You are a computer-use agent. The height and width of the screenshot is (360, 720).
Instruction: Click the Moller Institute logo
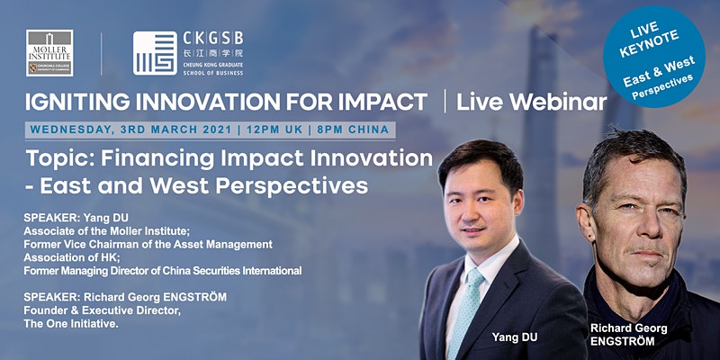click(x=49, y=53)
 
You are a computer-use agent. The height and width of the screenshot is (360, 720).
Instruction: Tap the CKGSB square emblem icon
click(x=155, y=53)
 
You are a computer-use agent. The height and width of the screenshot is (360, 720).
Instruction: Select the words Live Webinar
click(x=531, y=103)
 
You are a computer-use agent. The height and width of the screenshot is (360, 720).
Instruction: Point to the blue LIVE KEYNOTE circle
click(x=654, y=57)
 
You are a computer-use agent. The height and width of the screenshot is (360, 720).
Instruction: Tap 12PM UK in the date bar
click(x=274, y=130)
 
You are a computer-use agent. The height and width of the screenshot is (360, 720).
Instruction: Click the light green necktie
click(x=466, y=312)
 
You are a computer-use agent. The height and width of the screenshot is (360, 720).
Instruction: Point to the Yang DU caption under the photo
click(x=515, y=337)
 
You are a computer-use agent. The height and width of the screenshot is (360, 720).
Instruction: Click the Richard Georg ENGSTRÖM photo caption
click(x=628, y=335)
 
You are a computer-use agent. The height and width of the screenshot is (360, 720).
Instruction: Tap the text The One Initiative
click(x=71, y=324)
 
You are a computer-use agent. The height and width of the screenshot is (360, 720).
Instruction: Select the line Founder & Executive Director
click(x=103, y=310)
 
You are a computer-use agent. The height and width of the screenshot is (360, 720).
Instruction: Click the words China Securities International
click(x=232, y=271)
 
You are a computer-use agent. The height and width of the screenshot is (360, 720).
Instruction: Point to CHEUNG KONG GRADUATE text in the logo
click(x=213, y=65)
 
